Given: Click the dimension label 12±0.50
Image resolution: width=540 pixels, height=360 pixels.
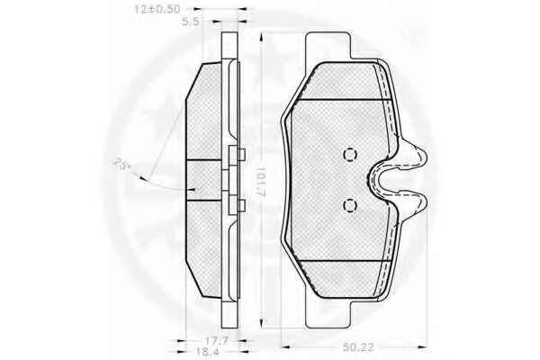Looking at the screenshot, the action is click(x=157, y=9).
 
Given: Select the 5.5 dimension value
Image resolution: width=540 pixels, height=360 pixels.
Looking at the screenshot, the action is click(x=191, y=22).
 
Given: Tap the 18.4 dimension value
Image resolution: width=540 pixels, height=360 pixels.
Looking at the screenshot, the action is click(x=207, y=352).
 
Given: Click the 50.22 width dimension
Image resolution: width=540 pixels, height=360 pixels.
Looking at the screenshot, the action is click(x=358, y=346).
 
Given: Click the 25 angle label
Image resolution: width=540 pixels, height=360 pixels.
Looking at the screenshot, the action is click(x=121, y=163).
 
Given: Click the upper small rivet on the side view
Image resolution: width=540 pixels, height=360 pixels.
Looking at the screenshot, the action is click(x=241, y=155).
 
